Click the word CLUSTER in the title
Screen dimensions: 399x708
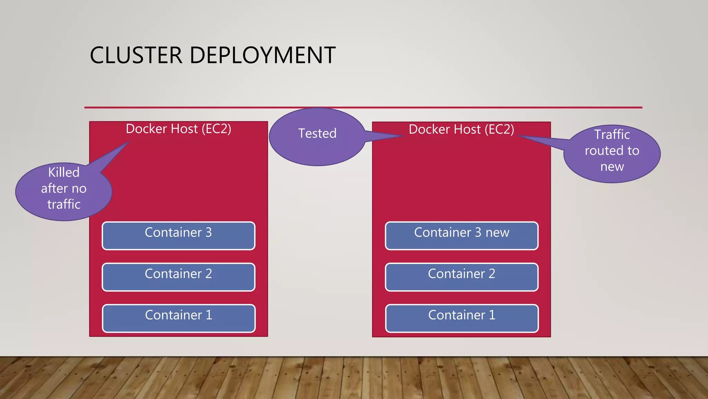click(136, 55)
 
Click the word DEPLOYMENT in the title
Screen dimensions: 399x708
click(262, 55)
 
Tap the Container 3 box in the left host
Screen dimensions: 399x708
click(178, 236)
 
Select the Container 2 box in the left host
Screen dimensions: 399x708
click(178, 277)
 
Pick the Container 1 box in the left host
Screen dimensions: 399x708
click(178, 318)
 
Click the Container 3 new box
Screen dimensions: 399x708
click(462, 236)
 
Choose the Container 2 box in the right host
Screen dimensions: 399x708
click(462, 277)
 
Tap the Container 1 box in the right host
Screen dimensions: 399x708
click(462, 318)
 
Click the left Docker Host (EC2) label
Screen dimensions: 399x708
click(178, 129)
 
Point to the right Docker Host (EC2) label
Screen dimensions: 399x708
click(462, 129)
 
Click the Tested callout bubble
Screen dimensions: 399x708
click(317, 137)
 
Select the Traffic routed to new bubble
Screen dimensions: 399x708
click(612, 154)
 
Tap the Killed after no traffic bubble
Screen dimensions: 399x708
click(64, 192)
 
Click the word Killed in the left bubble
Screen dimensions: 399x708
click(64, 172)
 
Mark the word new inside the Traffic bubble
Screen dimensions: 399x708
click(612, 167)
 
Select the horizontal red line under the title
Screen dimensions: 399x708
click(363, 107)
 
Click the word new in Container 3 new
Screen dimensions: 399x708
click(497, 232)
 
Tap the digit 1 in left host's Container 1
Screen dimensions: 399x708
click(209, 315)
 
